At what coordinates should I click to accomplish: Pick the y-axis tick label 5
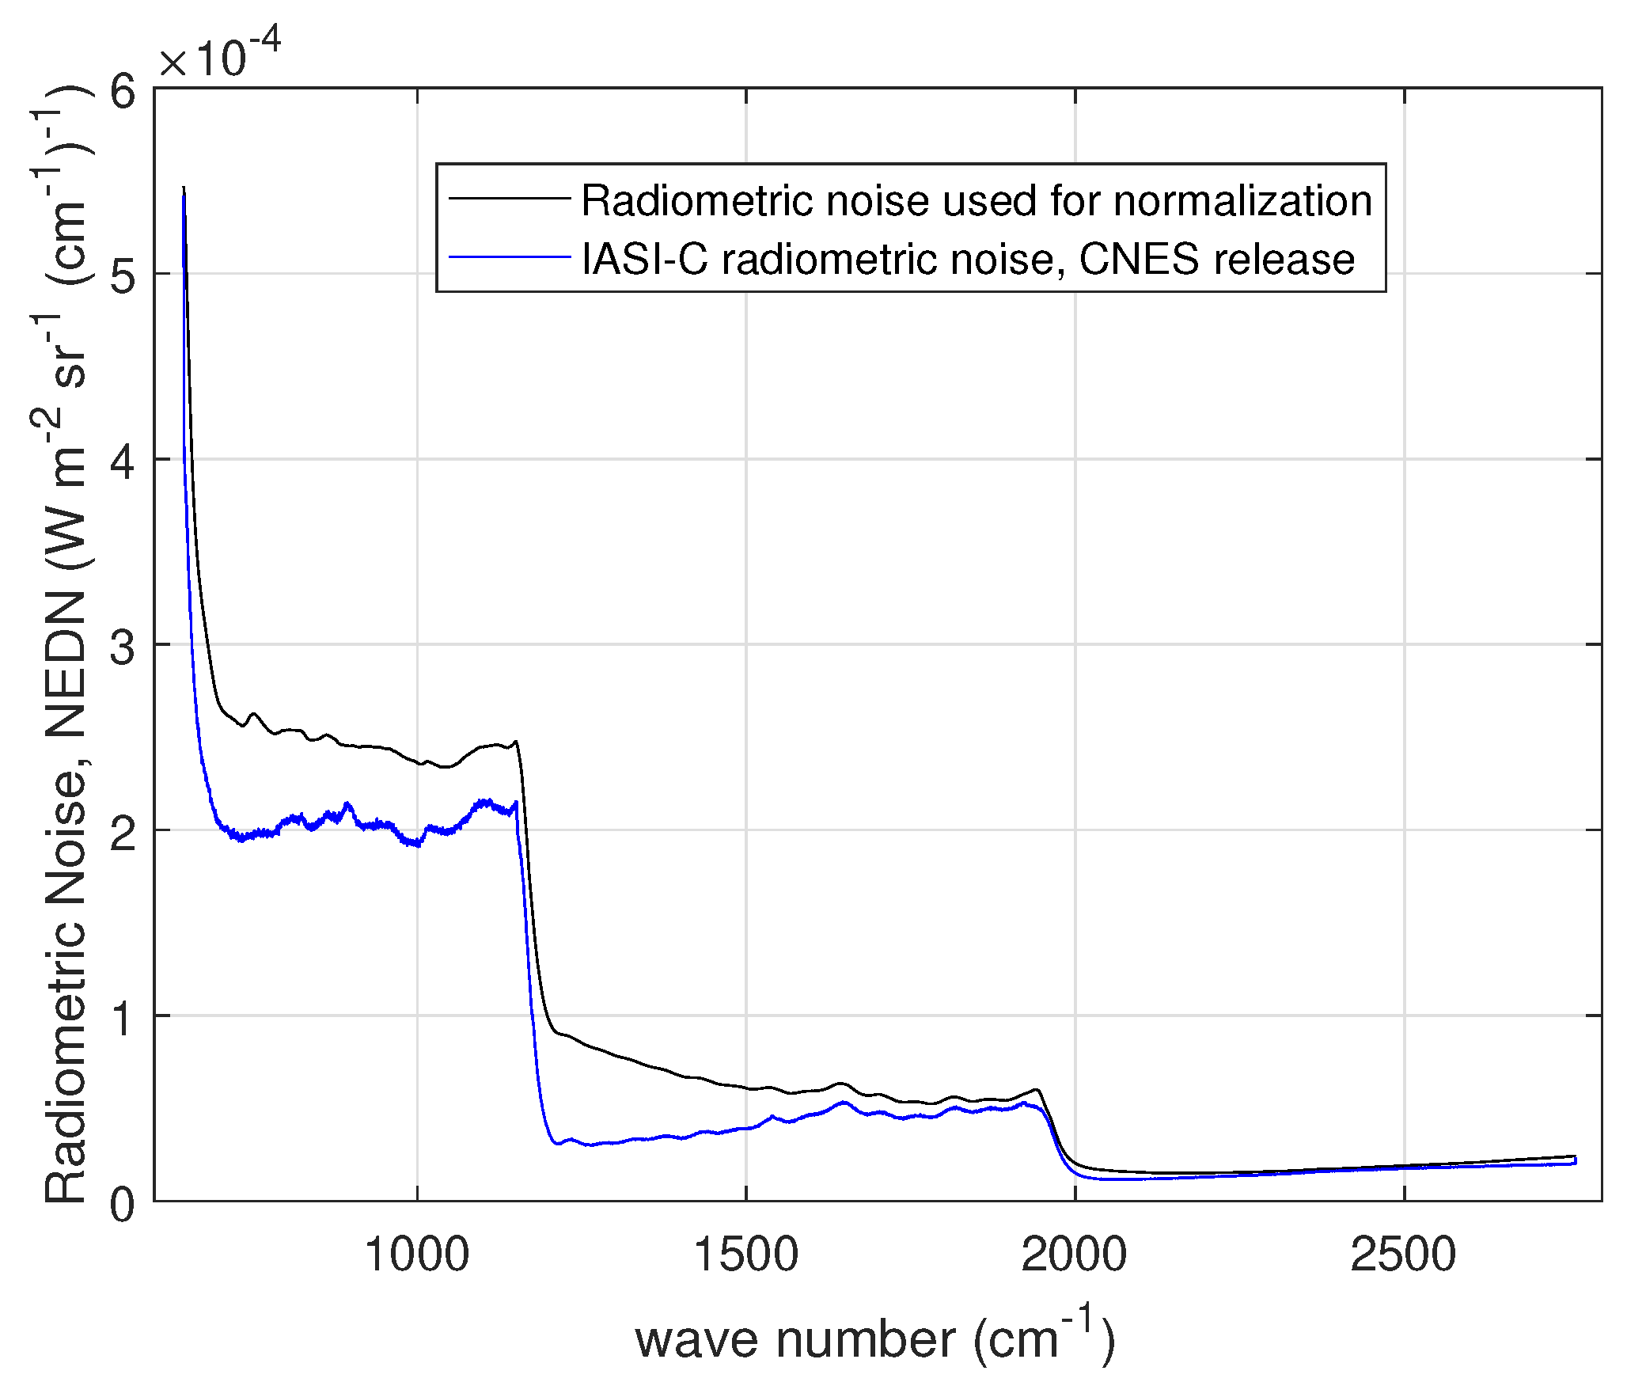(123, 275)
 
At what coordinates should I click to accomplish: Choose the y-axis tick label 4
(123, 461)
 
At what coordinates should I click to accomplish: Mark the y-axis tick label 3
(123, 646)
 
